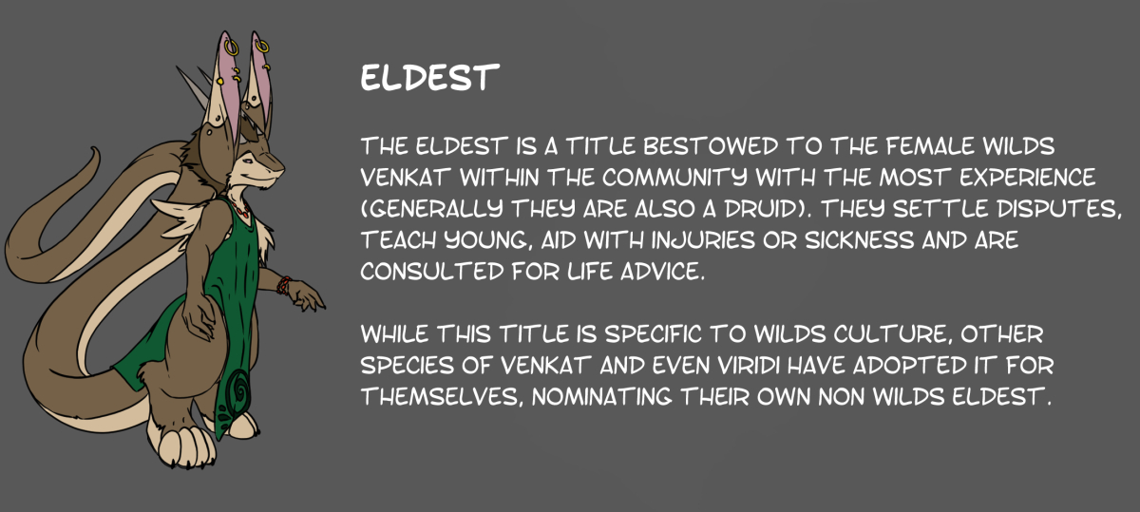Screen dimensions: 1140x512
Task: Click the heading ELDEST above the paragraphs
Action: [429, 77]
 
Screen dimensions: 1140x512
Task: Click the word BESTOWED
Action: [711, 146]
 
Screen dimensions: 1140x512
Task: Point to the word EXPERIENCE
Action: [1028, 178]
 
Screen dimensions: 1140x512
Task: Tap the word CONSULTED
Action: [432, 272]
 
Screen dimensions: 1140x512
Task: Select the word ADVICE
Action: [663, 272]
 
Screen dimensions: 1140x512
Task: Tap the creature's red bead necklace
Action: [240, 210]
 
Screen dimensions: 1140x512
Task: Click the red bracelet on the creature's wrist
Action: [284, 286]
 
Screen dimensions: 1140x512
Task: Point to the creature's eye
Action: [247, 161]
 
